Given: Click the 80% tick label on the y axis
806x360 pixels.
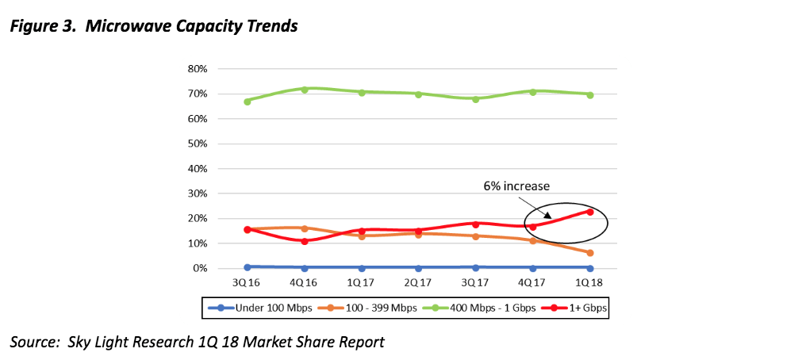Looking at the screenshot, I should tap(197, 69).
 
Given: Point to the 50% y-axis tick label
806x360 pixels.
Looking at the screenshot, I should tap(197, 144).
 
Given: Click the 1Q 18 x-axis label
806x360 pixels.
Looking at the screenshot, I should tap(589, 281).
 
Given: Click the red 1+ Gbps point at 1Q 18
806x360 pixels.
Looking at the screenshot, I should tap(589, 211).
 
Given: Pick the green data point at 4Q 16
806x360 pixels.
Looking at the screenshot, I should tap(305, 90).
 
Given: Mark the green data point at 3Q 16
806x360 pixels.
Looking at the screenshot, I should tap(248, 101).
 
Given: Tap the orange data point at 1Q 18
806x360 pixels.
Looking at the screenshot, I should tap(589, 253).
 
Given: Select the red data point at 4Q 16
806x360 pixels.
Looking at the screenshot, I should tap(305, 241).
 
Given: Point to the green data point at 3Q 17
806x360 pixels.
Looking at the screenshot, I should tap(475, 99).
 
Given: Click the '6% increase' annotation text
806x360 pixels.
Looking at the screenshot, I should tap(516, 186).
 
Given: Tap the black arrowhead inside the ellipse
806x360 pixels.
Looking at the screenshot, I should tap(547, 214).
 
